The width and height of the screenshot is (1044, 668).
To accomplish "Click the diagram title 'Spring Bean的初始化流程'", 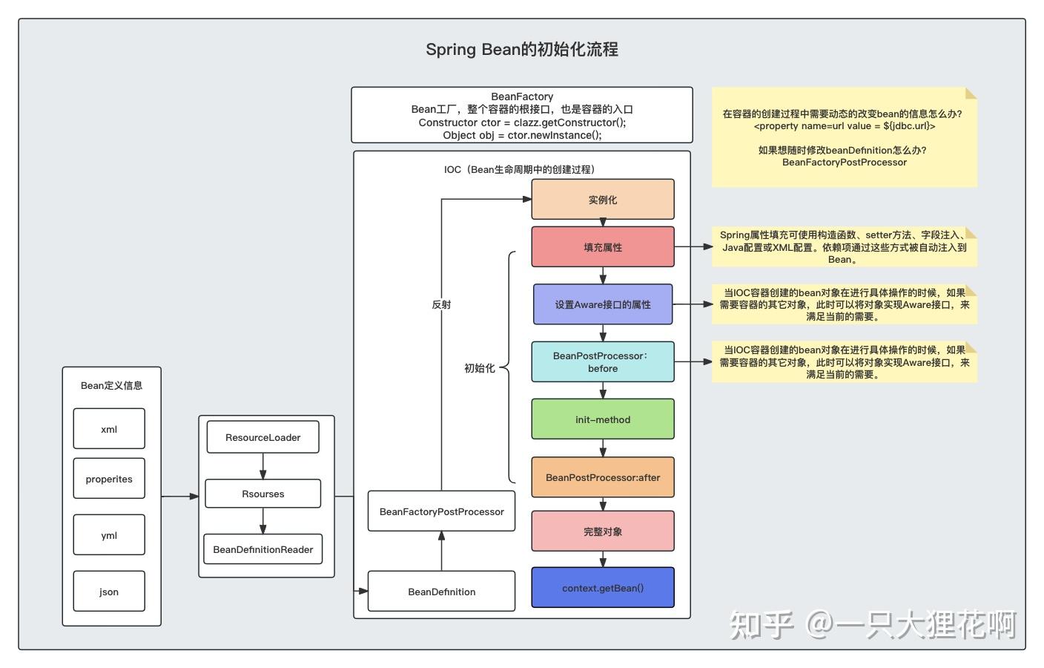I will click(521, 50).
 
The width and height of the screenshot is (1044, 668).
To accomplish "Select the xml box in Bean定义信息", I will click(109, 429).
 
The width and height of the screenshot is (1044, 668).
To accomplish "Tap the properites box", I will click(109, 479).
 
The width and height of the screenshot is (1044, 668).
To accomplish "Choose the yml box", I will click(109, 535).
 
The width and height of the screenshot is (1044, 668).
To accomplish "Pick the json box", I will click(109, 592).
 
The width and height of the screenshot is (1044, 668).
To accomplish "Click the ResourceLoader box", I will click(263, 437).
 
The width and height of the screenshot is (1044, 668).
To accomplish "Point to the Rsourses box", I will click(263, 494).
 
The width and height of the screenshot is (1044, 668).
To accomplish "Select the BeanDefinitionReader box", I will click(263, 549).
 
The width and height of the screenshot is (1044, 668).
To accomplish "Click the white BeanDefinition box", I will click(441, 592).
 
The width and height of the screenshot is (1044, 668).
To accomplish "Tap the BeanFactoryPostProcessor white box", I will click(441, 511).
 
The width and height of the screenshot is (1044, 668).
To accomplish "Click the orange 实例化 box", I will click(603, 200).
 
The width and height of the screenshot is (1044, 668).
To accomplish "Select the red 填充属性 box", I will click(603, 247).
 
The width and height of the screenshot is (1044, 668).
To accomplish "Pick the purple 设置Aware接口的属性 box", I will click(603, 304).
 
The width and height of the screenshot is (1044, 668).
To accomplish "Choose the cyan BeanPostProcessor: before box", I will click(603, 361).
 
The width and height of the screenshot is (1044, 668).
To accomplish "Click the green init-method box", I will click(603, 419).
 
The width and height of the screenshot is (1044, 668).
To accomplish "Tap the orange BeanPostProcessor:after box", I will click(603, 477).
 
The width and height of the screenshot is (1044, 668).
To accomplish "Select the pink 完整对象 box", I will click(603, 531).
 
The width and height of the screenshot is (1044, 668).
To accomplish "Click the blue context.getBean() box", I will click(603, 588).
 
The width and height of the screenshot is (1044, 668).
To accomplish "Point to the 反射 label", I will click(441, 304).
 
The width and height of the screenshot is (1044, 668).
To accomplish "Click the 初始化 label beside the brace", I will click(479, 368).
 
